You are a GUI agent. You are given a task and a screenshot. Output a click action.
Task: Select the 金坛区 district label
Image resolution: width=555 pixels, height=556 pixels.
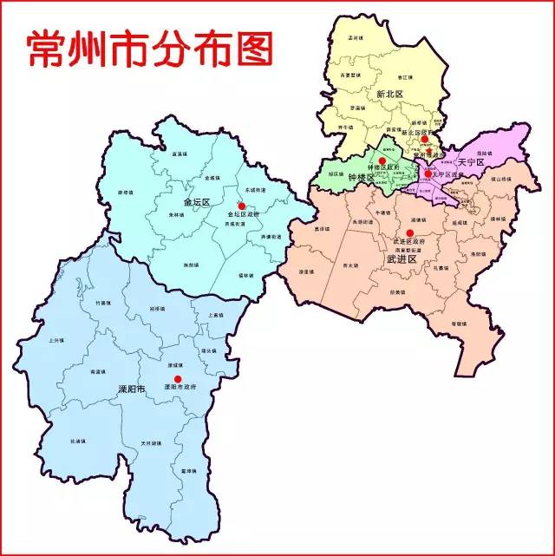pyautogui.click(x=197, y=202)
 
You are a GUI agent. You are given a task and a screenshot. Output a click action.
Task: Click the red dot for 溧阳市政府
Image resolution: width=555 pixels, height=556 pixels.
pyautogui.click(x=178, y=379)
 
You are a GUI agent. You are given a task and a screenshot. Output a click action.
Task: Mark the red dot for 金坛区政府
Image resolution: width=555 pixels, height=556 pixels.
pyautogui.click(x=242, y=206)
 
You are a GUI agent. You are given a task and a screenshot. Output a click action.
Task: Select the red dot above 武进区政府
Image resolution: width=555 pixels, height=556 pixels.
pyautogui.click(x=409, y=232)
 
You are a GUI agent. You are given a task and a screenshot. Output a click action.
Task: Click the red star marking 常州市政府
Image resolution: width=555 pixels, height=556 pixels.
pyautogui.click(x=426, y=148)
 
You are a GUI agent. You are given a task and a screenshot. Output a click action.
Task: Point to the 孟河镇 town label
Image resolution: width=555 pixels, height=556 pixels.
pyautogui.click(x=354, y=39)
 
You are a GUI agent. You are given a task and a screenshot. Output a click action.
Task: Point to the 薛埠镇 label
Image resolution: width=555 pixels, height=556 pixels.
pyautogui.click(x=125, y=193)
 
